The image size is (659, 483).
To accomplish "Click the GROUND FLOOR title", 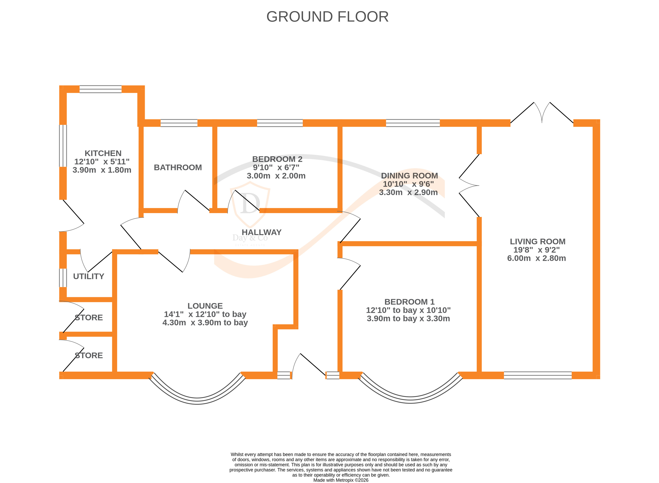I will coord(327,17).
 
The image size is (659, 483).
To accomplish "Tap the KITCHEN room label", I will coord(103,153).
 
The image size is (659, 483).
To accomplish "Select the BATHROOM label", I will coord(178,168).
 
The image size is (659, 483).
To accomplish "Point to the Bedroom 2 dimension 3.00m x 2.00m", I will coord(276,176).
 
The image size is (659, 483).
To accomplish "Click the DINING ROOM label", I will coord(409,176).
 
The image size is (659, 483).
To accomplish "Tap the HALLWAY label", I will coord(262,232).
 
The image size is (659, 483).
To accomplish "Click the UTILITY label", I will coord(89,276).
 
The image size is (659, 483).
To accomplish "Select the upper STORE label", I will coord(89,318).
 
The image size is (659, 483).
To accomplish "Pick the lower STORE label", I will coord(89,355).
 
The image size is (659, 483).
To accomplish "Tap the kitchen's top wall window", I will coord(100,89).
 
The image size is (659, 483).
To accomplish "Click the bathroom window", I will coord(179,123).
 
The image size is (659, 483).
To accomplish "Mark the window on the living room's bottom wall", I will coord(538,375).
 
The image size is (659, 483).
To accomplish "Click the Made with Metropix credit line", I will coord(341,480).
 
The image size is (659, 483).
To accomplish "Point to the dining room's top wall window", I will coord(413,123).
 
